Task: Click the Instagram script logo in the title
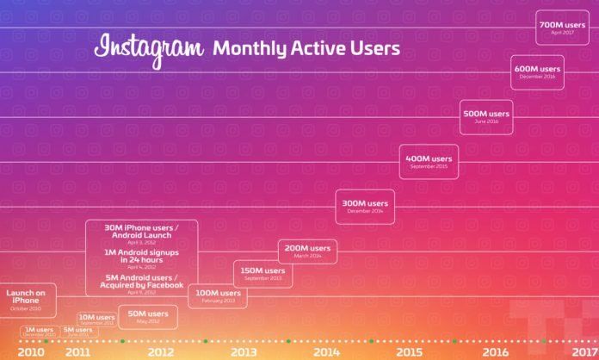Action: point(149,48)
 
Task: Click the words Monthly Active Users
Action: point(306,49)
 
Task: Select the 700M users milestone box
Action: point(562,28)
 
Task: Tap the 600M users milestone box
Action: point(537,71)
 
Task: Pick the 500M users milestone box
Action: point(486,116)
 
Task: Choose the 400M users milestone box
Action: point(429,161)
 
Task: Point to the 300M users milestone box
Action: point(365,206)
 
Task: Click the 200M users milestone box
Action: point(307,251)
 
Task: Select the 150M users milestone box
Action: point(262,274)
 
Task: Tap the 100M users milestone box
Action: point(214,296)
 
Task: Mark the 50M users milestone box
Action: point(148,317)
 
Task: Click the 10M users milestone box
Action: point(96,320)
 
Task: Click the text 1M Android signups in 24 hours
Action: point(142,256)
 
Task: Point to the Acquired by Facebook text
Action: point(142,284)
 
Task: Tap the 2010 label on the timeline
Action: point(30,351)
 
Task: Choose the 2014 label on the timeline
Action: point(325,351)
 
